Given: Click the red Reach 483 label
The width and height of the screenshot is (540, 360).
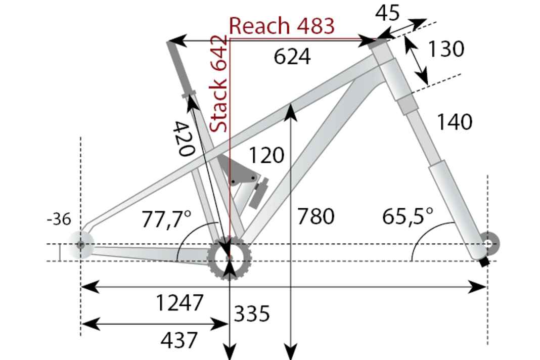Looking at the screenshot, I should pyautogui.click(x=282, y=26).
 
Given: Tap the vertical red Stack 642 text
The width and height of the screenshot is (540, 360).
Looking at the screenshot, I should pyautogui.click(x=218, y=84).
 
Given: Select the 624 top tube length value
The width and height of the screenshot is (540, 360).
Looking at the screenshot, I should pyautogui.click(x=292, y=57).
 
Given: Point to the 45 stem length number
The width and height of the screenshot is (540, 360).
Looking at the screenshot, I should pyautogui.click(x=387, y=14).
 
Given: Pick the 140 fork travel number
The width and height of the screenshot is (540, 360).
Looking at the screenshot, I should pyautogui.click(x=454, y=122).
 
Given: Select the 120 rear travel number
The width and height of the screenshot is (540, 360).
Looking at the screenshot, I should pyautogui.click(x=266, y=155).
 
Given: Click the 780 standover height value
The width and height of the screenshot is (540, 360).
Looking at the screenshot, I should pyautogui.click(x=316, y=216).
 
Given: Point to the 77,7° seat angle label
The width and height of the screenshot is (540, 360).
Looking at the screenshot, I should pyautogui.click(x=166, y=219).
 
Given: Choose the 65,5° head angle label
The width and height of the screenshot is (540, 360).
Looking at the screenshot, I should pyautogui.click(x=408, y=216).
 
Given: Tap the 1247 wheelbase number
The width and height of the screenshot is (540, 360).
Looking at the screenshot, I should pyautogui.click(x=179, y=303).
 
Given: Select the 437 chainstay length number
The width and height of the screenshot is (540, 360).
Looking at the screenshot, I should pyautogui.click(x=179, y=340).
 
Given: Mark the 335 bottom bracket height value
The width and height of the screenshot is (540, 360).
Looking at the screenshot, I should pyautogui.click(x=251, y=314).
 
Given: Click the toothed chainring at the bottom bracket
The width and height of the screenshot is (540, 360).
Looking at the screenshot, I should pyautogui.click(x=230, y=258).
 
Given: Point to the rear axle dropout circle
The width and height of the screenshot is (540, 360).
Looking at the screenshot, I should pyautogui.click(x=80, y=245).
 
